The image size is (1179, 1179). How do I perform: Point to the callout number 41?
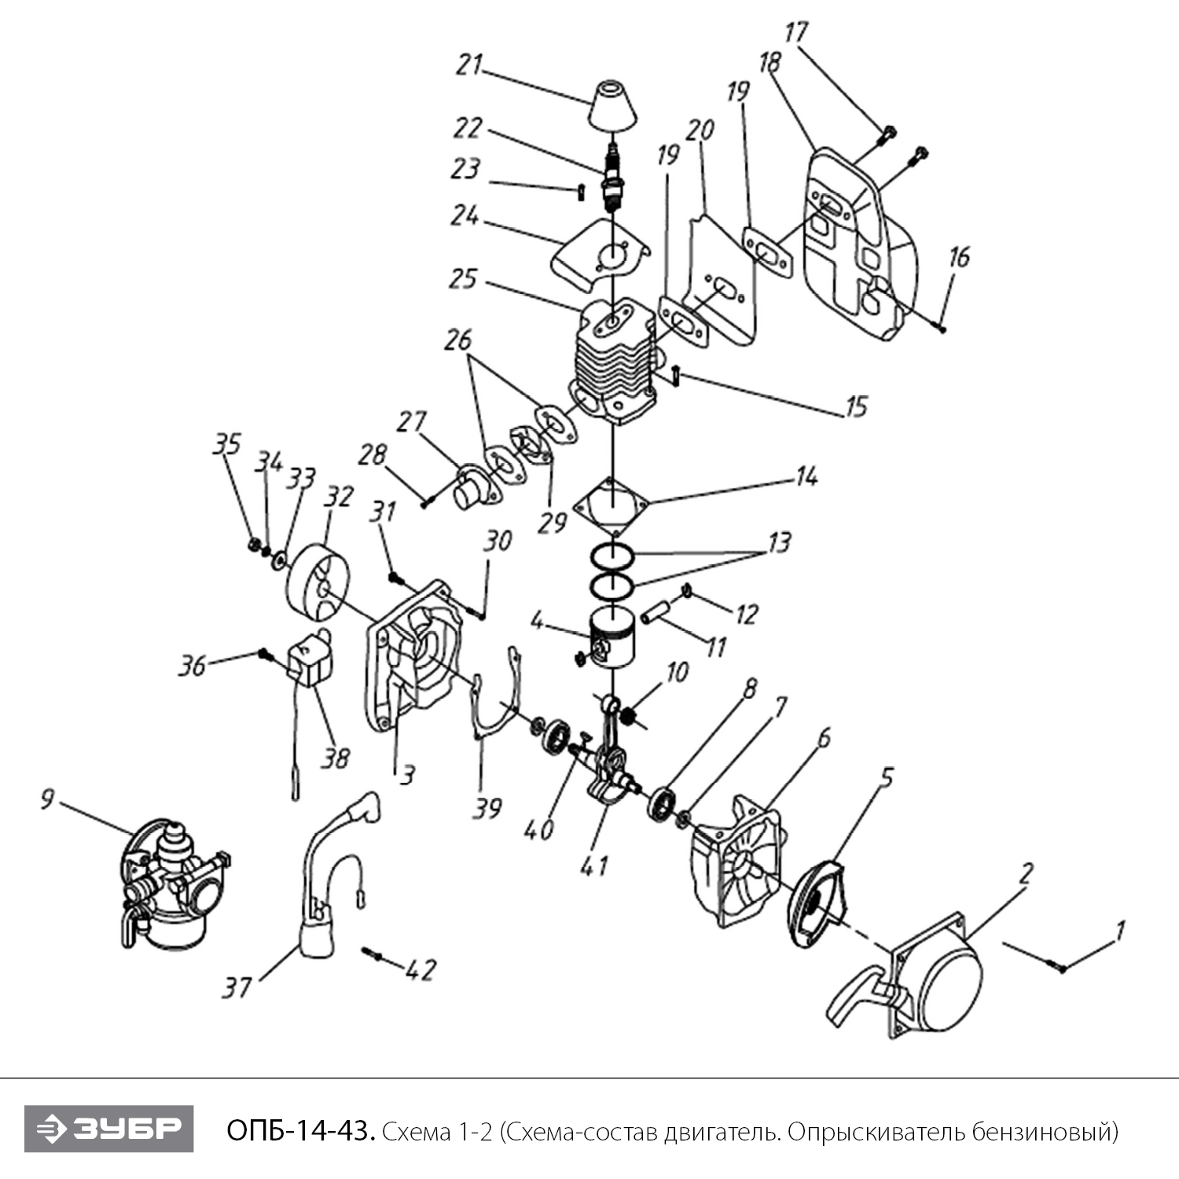pyautogui.click(x=593, y=865)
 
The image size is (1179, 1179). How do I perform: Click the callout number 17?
pyautogui.click(x=795, y=33)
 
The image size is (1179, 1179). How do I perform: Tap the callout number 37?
pyautogui.click(x=236, y=986)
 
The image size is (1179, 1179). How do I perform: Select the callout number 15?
pyautogui.click(x=855, y=406)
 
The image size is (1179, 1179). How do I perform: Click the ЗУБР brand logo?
pyautogui.click(x=108, y=1129)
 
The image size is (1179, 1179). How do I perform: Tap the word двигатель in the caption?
pyautogui.click(x=722, y=1132)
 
